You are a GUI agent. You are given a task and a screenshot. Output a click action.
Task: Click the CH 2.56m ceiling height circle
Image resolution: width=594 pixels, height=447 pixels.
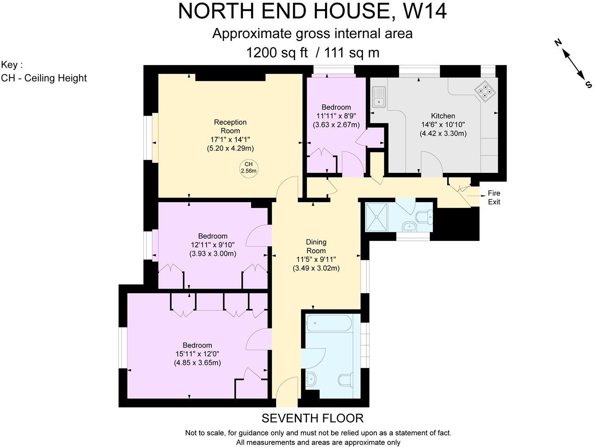pos(249,168)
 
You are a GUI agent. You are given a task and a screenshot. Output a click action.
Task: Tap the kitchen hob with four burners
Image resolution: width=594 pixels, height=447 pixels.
pos(485,91)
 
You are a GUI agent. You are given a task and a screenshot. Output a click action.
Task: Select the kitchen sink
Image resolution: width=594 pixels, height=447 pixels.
pos(379,97)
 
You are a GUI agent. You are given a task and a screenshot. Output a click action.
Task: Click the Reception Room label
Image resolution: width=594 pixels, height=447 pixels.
pos(230,127)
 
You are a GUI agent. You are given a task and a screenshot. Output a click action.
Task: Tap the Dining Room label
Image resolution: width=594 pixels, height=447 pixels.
pos(316,246)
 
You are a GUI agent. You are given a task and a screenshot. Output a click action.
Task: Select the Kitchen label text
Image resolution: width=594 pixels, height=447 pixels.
pos(443,116)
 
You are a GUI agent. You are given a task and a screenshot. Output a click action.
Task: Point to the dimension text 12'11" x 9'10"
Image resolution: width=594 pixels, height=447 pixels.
pos(213,245)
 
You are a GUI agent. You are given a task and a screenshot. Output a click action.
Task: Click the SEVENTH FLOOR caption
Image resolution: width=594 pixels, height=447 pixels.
pos(312,418)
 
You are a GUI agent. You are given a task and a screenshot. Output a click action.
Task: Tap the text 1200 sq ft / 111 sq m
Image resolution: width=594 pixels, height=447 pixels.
pos(312,53)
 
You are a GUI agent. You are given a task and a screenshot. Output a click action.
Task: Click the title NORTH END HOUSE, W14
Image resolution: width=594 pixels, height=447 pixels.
pos(312,11)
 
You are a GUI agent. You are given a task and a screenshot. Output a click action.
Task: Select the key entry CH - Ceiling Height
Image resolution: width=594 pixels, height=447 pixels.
pos(44,78)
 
